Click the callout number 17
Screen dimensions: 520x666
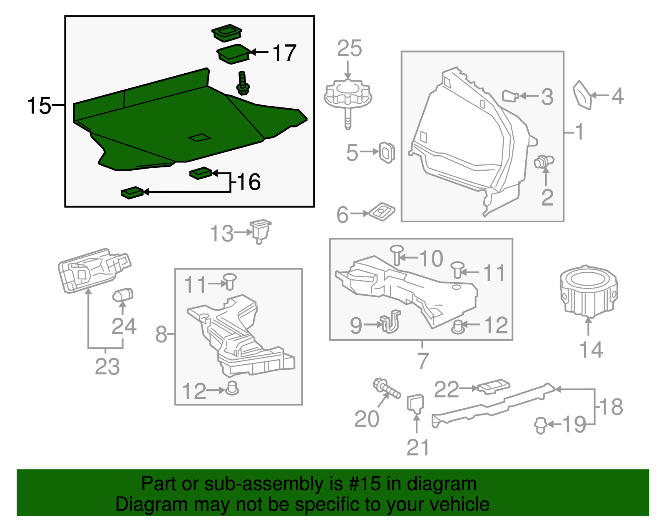click(x=284, y=53)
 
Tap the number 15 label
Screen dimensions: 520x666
click(x=39, y=106)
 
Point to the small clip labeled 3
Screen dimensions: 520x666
click(x=510, y=96)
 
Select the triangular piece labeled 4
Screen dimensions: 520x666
click(x=582, y=95)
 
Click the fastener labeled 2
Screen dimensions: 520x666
click(x=543, y=161)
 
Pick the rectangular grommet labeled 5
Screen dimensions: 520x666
click(x=387, y=152)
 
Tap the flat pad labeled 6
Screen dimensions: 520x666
click(x=382, y=211)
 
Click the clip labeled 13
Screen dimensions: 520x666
click(x=261, y=231)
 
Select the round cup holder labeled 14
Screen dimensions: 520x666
click(x=588, y=291)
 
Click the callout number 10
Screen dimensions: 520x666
click(x=431, y=259)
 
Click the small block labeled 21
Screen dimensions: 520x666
click(x=415, y=403)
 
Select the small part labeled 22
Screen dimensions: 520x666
click(x=493, y=386)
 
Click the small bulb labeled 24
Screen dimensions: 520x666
click(x=123, y=295)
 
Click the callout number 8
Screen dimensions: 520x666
click(x=161, y=334)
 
